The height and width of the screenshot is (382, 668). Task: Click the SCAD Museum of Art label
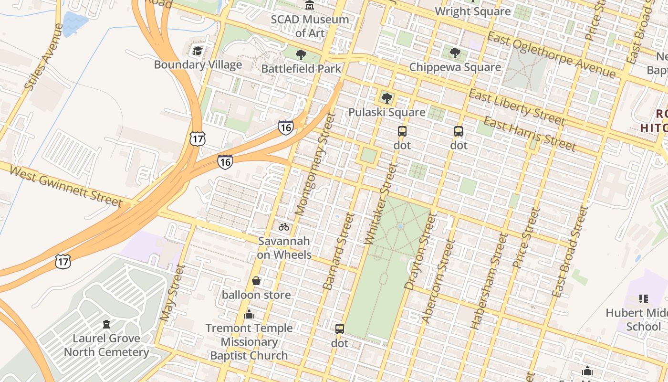click(310, 26)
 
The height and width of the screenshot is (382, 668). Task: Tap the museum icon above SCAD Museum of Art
click(310, 5)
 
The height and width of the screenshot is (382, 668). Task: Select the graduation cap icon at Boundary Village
click(198, 51)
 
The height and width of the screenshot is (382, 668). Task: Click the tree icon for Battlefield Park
click(301, 54)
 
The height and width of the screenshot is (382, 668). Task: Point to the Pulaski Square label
click(386, 112)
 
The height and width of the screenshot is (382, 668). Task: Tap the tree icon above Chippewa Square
click(455, 53)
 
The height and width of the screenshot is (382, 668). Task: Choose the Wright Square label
click(472, 11)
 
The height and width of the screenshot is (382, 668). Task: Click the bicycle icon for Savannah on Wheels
click(284, 227)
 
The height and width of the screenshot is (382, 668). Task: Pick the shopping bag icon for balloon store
click(256, 281)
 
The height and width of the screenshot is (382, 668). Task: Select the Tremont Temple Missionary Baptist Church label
click(249, 342)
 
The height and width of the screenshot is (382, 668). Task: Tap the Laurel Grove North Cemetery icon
click(106, 325)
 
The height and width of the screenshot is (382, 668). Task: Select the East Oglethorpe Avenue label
click(551, 55)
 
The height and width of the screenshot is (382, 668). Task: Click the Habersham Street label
click(488, 281)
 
